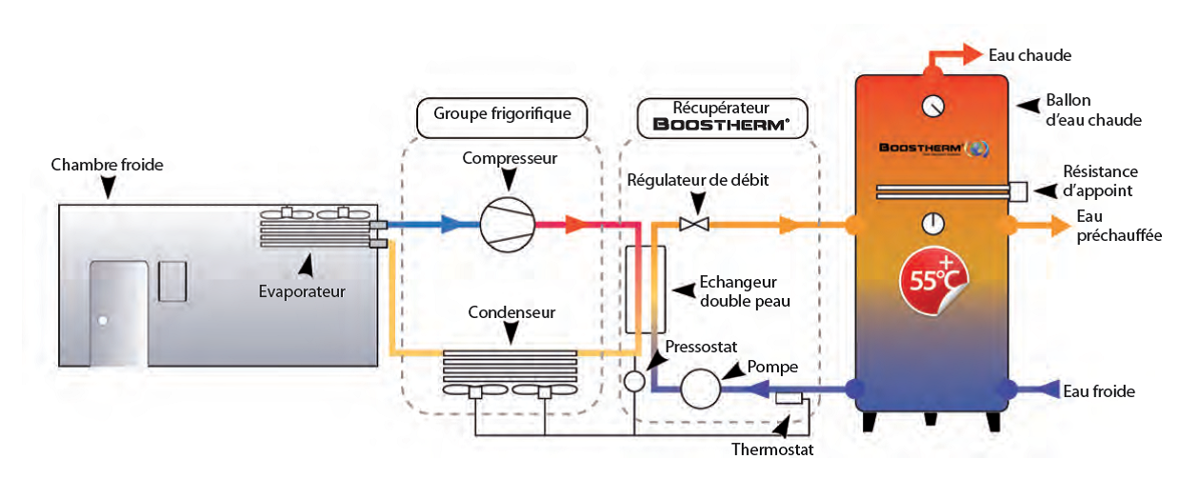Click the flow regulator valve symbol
coord(691,225)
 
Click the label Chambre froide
coord(108,165)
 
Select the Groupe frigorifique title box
coord(502,114)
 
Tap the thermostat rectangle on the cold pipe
coord(788,396)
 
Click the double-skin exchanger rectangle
coord(645,289)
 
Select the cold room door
coord(119,313)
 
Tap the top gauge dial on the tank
coord(933,105)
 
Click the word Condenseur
coord(511,311)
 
